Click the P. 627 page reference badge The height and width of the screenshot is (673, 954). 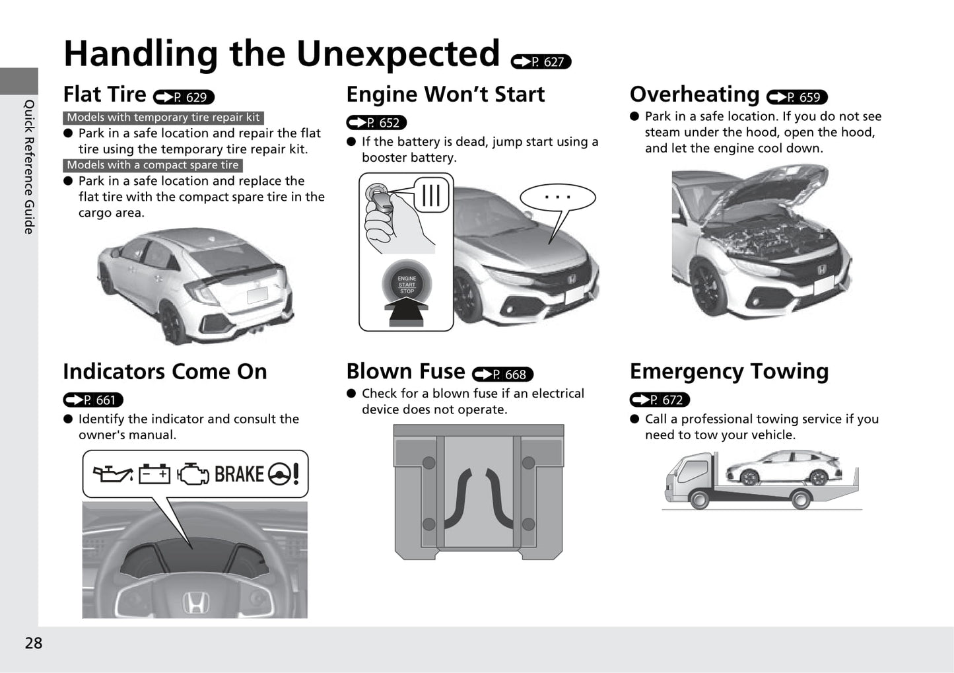click(541, 62)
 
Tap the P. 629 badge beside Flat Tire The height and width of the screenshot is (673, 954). click(184, 97)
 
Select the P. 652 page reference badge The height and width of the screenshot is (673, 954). click(376, 123)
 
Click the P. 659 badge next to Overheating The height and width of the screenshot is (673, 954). click(797, 97)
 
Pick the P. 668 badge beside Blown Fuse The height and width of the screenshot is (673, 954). click(502, 374)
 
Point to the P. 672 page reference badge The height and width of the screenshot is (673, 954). click(660, 400)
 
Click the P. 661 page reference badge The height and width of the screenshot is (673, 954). click(93, 400)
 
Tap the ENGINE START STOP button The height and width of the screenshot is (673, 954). click(407, 284)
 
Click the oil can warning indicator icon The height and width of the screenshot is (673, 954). click(113, 474)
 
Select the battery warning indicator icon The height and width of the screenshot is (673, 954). click(154, 474)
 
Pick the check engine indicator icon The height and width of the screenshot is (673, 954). click(193, 474)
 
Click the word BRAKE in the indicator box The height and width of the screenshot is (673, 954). click(239, 474)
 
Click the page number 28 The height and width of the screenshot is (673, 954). click(34, 643)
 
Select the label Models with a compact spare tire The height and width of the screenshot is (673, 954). click(153, 165)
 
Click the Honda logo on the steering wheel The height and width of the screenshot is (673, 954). click(196, 602)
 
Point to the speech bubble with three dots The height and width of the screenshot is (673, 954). click(557, 197)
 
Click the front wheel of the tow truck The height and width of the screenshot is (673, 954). click(699, 499)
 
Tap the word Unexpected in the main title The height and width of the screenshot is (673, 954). click(398, 55)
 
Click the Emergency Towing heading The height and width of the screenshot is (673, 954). click(729, 372)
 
